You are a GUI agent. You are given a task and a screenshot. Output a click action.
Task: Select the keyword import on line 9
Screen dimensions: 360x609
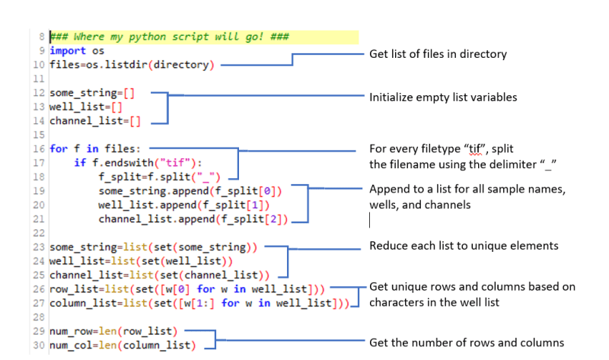click(x=67, y=51)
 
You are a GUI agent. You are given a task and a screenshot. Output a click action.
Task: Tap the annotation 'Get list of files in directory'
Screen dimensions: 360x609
click(x=438, y=54)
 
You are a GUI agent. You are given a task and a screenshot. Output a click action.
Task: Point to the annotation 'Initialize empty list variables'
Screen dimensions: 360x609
click(x=443, y=97)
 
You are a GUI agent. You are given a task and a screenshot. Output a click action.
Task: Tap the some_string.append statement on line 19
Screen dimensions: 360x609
click(x=190, y=191)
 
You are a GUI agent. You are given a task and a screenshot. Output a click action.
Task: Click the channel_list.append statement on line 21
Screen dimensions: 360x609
click(x=193, y=219)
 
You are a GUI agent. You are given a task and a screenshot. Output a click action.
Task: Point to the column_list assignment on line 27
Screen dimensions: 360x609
click(x=199, y=304)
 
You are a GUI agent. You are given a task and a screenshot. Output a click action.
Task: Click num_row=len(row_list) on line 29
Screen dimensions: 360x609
click(x=112, y=332)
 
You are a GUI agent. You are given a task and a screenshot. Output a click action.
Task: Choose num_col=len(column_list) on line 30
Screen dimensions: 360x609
click(x=122, y=346)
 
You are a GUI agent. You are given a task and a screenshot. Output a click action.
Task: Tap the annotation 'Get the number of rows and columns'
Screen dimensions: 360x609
click(x=467, y=343)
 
